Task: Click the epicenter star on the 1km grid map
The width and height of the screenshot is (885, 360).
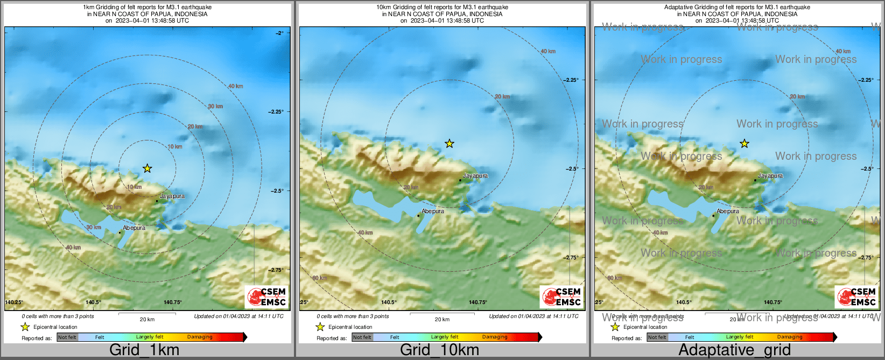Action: (147, 168)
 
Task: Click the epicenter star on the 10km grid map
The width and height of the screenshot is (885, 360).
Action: (449, 144)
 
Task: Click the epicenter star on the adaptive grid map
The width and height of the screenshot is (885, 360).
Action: (744, 144)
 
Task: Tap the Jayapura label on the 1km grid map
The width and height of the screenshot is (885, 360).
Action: (172, 196)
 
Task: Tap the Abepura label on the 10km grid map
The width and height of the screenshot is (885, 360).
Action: (433, 211)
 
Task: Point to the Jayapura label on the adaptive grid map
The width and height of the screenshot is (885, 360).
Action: (770, 176)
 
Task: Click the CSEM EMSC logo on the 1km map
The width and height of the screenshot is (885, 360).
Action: (267, 297)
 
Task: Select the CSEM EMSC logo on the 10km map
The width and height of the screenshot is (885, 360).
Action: (562, 297)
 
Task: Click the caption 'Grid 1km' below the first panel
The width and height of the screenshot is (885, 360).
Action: (144, 350)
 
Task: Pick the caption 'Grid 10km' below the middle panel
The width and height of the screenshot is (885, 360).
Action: (439, 350)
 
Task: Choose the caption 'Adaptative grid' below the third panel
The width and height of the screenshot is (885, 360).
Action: (734, 350)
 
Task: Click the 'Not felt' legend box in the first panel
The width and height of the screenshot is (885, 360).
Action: (67, 337)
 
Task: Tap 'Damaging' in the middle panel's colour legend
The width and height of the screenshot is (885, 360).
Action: (495, 337)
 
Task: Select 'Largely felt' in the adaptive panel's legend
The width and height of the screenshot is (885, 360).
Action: (740, 337)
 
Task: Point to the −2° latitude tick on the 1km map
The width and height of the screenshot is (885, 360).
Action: (279, 33)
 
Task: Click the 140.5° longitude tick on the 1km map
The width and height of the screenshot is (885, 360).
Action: (93, 302)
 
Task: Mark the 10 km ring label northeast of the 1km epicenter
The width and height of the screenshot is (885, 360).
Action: (175, 147)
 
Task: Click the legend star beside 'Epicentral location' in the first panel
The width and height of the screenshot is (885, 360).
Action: (25, 327)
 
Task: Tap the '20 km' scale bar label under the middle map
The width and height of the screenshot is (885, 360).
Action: (442, 320)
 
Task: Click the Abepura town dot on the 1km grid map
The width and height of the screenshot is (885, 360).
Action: (120, 232)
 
